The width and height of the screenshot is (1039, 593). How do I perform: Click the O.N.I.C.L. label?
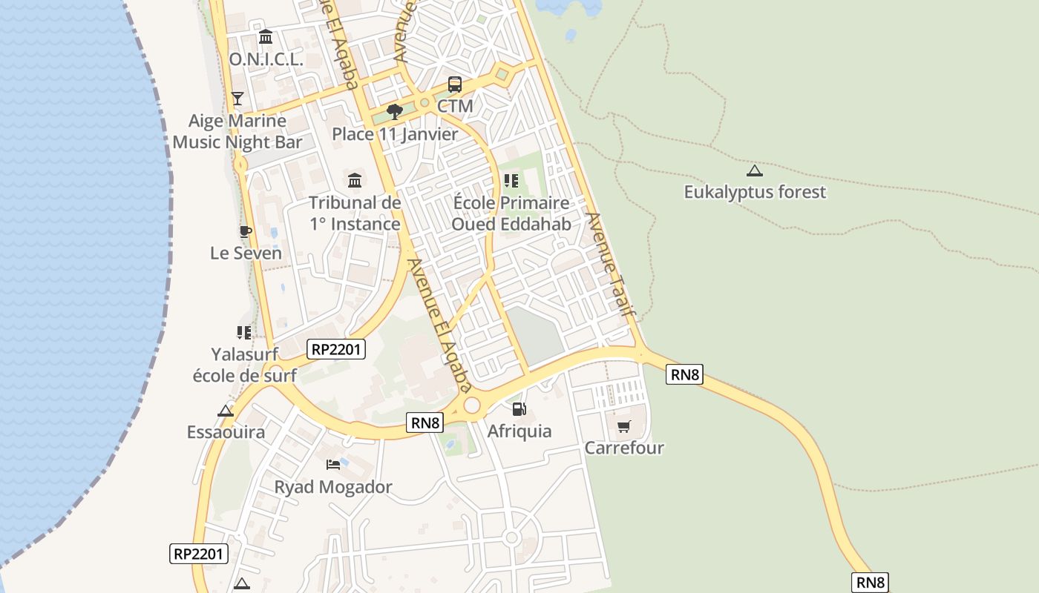pyautogui.click(x=266, y=60)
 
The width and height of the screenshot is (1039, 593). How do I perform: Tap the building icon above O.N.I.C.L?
pyautogui.click(x=266, y=37)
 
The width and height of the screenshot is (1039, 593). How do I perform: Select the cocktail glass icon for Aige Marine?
pyautogui.click(x=237, y=98)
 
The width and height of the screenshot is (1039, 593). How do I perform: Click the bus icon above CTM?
pyautogui.click(x=455, y=85)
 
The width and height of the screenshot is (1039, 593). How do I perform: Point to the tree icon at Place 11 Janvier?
pyautogui.click(x=395, y=112)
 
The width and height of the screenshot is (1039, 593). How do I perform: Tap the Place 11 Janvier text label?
pyautogui.click(x=395, y=134)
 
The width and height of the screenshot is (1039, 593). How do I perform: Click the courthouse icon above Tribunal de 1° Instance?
pyautogui.click(x=355, y=180)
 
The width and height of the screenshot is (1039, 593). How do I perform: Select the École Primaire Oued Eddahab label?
pyautogui.click(x=511, y=213)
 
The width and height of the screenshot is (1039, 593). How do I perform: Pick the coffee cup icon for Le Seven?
pyautogui.click(x=246, y=231)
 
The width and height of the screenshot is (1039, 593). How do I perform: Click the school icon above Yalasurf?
pyautogui.click(x=244, y=333)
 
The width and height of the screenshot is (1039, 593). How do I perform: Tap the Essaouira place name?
pyautogui.click(x=226, y=432)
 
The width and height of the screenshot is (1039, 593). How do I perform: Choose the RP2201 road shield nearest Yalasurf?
pyautogui.click(x=336, y=348)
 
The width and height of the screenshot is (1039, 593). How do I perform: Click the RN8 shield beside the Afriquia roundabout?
pyautogui.click(x=426, y=423)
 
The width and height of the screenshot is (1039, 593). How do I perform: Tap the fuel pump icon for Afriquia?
pyautogui.click(x=519, y=408)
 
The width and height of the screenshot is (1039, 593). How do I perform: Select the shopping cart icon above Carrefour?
pyautogui.click(x=624, y=426)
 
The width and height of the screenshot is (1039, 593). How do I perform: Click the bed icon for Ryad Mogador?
pyautogui.click(x=333, y=465)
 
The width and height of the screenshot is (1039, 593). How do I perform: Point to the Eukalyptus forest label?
pyautogui.click(x=755, y=192)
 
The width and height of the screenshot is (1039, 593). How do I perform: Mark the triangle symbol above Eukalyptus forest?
pyautogui.click(x=755, y=170)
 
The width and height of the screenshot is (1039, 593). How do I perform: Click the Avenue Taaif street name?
pyautogui.click(x=612, y=265)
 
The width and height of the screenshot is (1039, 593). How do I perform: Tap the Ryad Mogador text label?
pyautogui.click(x=333, y=487)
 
